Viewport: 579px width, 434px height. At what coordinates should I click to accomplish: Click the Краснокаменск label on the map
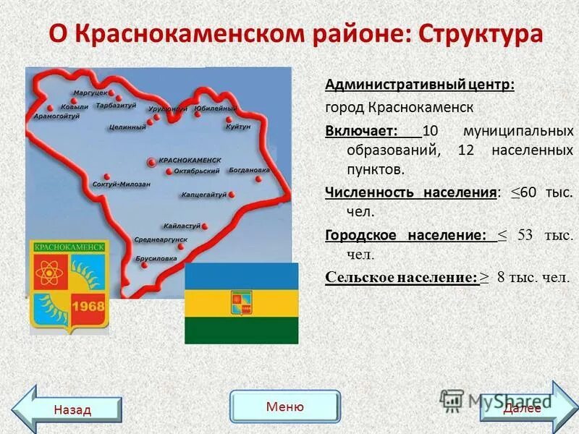point(189,159)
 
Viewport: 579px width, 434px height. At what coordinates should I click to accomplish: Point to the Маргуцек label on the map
point(90,93)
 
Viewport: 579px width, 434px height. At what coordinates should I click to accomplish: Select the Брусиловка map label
point(156,258)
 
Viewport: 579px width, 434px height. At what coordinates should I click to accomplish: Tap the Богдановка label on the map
point(249,171)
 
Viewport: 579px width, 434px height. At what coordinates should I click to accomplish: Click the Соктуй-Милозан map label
point(122,184)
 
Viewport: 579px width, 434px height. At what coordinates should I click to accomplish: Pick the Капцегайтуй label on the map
point(203,195)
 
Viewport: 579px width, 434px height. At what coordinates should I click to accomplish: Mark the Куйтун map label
point(237,126)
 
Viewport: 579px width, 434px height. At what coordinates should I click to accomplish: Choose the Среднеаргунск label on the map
point(161,239)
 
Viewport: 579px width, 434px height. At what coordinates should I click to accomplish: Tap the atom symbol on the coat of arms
point(49,273)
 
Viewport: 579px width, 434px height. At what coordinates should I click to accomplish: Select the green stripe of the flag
point(241,330)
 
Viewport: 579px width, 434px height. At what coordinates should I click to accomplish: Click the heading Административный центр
point(420,85)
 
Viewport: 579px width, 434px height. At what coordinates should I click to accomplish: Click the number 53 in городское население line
point(525,235)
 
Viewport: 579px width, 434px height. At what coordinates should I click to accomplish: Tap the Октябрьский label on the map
point(196,171)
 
